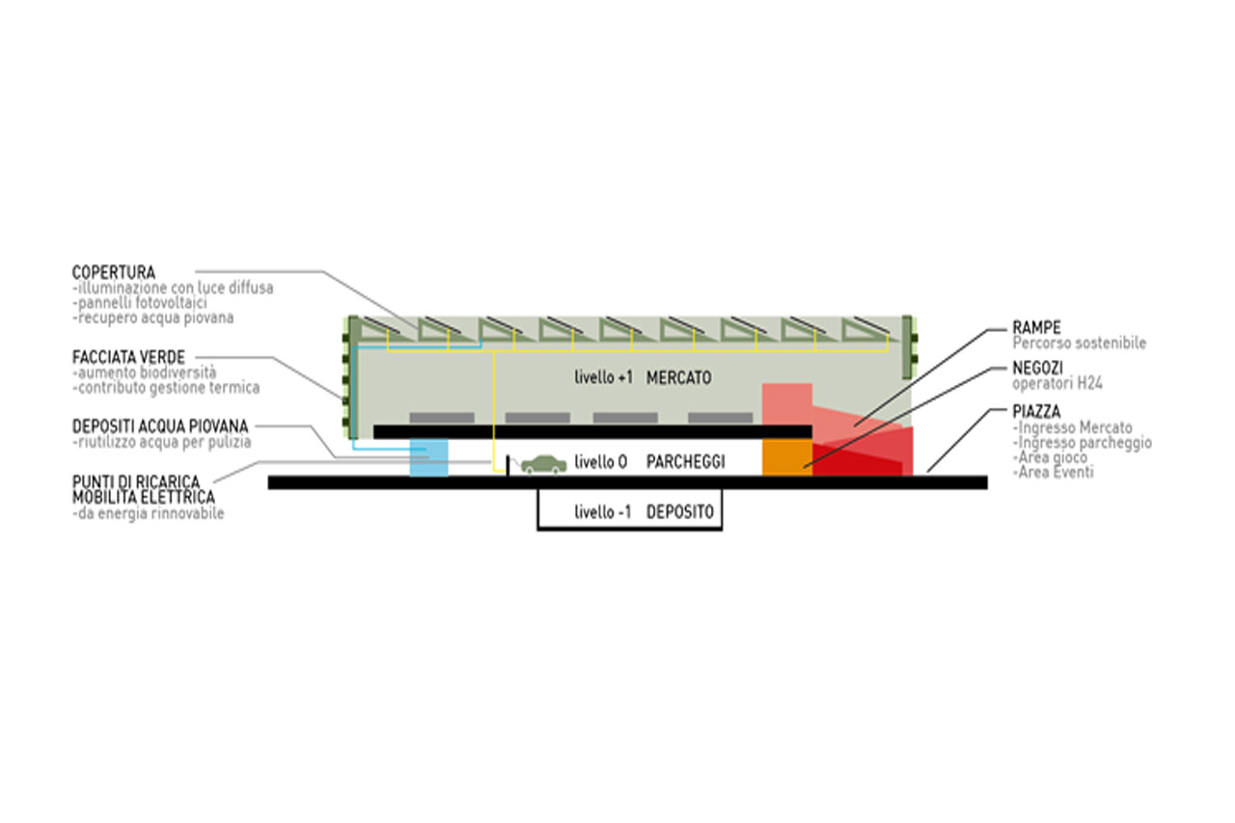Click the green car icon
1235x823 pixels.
coord(543,464)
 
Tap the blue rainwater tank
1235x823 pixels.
coord(429,457)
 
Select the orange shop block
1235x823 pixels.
coord(786,457)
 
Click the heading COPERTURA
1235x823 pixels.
coord(114,272)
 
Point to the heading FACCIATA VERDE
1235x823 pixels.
coord(128,357)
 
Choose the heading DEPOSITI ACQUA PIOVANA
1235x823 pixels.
coord(160,426)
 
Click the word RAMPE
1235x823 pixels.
coord(1036,327)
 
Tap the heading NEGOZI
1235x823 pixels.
coord(1037,368)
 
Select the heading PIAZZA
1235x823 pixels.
coord(1036,411)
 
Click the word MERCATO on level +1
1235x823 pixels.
coord(678,377)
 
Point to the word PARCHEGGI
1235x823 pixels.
coord(685,462)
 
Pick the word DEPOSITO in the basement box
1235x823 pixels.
coord(680,512)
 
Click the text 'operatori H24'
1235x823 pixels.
coord(1057,383)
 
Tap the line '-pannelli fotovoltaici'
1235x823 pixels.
coord(140,303)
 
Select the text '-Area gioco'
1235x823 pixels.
coord(1050,457)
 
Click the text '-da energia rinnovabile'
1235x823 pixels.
coord(148,513)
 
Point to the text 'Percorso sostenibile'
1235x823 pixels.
coord(1080,343)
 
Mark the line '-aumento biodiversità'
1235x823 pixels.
coord(144,372)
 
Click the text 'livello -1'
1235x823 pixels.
coord(602,512)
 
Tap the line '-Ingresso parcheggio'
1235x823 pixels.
coord(1083,443)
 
